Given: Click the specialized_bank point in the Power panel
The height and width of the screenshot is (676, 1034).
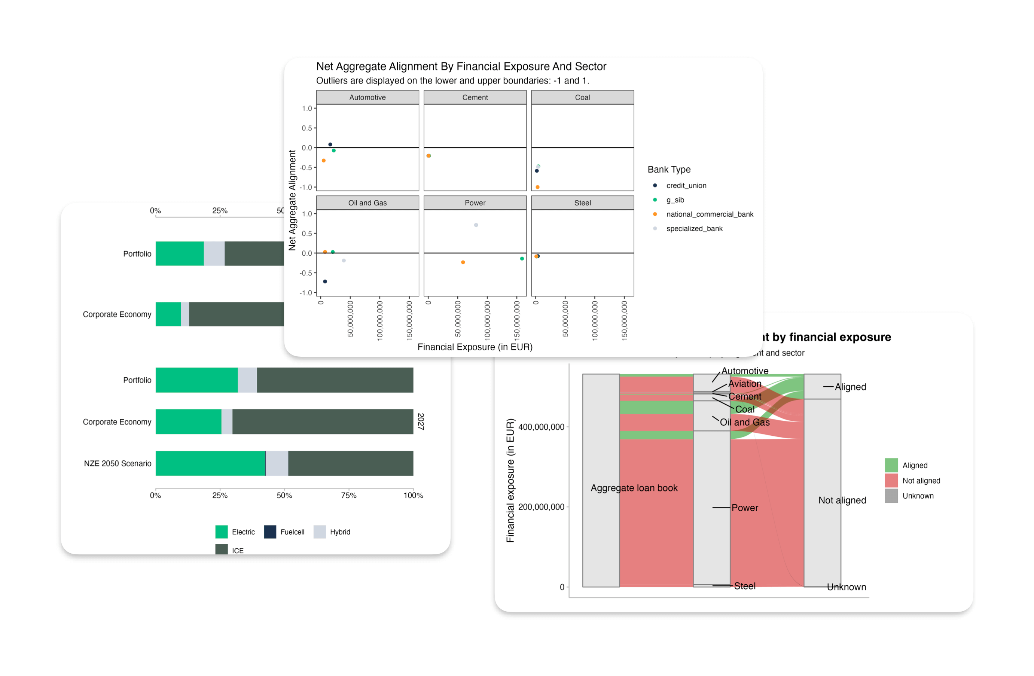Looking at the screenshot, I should pos(476,225).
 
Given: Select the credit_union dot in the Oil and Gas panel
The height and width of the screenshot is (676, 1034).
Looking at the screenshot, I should pos(325,281).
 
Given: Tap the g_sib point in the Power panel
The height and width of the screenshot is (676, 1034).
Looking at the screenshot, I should pos(522,259).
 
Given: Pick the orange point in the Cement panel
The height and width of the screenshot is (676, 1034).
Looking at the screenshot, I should pos(429,156).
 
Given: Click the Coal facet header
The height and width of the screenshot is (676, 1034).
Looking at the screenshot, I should pos(582,97).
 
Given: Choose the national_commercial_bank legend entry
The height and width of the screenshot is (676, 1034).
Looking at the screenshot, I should pos(710,214).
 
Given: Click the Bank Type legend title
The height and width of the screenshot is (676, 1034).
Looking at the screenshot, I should pos(669,170).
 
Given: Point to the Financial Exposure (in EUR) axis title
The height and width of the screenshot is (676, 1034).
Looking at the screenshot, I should pos(475,347).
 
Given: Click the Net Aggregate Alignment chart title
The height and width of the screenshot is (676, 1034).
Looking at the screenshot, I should pos(461,67).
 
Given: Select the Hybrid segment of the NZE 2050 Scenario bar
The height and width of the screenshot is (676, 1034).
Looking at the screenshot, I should pos(277,463).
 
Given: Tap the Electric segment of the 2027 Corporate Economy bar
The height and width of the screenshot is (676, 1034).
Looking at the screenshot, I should pos(188,421).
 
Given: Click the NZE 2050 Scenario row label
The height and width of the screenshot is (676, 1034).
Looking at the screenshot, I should pos(118,463).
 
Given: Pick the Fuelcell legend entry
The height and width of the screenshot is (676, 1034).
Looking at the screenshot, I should pos(292,532).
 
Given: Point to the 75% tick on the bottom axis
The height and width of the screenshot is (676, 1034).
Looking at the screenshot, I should pos(348,495).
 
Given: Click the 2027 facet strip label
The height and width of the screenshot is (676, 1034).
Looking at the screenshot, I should pos(421,421).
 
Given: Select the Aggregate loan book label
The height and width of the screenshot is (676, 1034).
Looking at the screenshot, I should pos(634,488).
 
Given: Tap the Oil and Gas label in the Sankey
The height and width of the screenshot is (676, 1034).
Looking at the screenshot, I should pos(745,422).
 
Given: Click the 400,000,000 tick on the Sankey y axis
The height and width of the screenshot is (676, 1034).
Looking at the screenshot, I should pos(542,427).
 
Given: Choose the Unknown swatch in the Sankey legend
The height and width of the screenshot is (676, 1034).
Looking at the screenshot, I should pos(891,496).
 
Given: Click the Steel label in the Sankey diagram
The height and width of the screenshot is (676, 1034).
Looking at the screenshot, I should pos(745,586).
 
